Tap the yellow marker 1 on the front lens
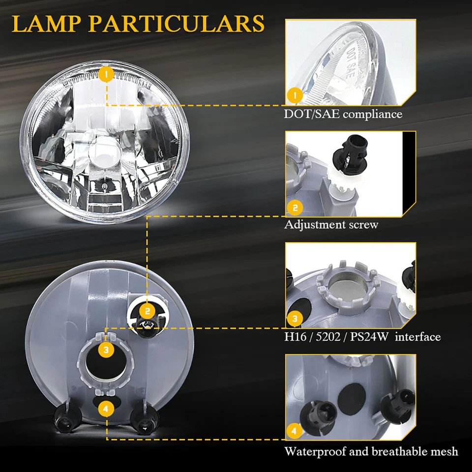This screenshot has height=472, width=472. (106, 75)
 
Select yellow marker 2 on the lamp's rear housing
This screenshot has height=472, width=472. (147, 311)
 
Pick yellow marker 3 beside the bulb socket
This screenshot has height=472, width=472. (106, 350)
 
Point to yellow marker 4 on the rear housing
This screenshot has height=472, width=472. (106, 408)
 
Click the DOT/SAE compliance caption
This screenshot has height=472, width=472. (343, 115)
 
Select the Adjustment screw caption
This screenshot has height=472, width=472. (331, 225)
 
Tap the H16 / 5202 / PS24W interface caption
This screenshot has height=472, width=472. (362, 337)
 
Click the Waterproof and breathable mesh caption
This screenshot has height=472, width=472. (371, 451)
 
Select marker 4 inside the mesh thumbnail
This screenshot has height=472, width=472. (294, 431)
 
